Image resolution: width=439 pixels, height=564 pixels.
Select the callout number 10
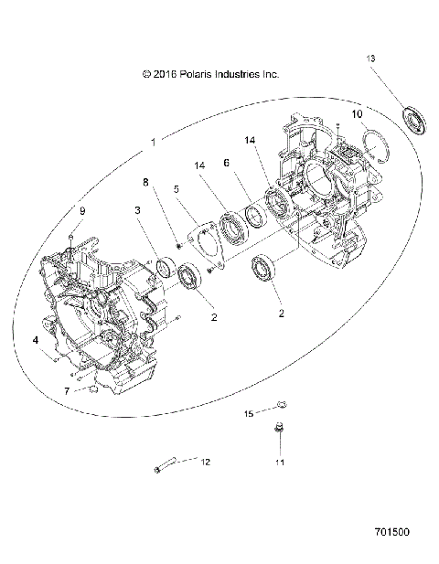(358, 114)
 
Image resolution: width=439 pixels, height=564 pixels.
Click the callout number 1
(154, 143)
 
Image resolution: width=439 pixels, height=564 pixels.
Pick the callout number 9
(81, 211)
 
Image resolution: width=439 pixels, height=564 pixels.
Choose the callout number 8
(145, 182)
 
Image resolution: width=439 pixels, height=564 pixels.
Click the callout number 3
(138, 210)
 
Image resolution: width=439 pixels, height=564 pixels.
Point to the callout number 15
(248, 414)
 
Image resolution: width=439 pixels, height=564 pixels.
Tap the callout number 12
(205, 462)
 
